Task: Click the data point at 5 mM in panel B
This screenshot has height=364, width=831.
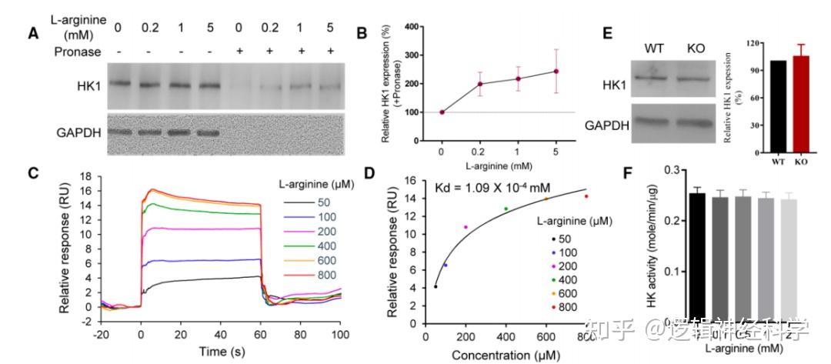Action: tap(556, 72)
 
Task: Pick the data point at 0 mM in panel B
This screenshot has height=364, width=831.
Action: tap(442, 112)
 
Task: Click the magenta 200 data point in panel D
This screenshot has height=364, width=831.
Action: tap(466, 227)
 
